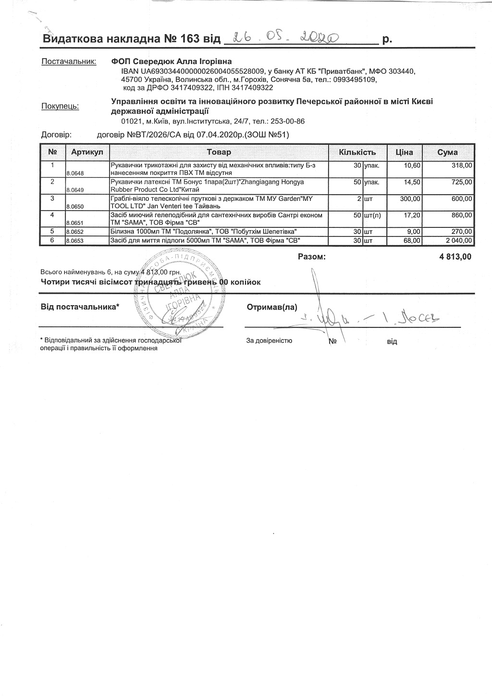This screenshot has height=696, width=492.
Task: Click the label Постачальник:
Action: coord(69,62)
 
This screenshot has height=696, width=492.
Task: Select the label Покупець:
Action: coord(60,106)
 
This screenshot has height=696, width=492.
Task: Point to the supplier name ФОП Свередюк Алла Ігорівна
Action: coord(172,62)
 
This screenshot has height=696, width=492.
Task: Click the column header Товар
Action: coord(219,152)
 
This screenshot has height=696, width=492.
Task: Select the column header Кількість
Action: coord(357,152)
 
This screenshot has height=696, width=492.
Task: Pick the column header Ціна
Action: coord(404,152)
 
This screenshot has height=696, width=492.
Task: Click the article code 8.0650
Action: coord(75,206)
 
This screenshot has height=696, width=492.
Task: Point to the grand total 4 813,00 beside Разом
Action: coord(455,257)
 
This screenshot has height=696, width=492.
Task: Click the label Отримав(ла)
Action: coord(272,307)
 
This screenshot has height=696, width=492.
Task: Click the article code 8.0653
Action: coord(75,241)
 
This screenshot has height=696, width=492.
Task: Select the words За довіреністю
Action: coord(269,341)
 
